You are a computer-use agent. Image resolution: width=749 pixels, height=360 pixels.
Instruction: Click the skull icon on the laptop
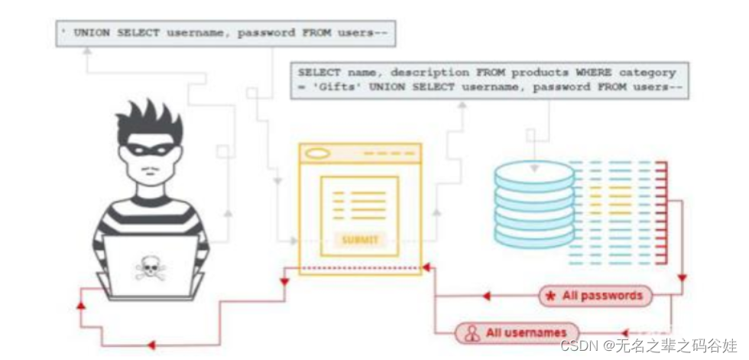coord(151,268)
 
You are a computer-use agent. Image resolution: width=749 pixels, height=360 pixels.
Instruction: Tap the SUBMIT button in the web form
coord(359,239)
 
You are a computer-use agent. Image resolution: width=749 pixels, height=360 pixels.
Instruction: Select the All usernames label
coord(527,332)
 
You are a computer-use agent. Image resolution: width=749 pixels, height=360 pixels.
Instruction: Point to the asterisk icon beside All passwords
coord(550,296)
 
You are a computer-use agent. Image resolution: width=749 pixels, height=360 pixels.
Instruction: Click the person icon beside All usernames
coord(473,333)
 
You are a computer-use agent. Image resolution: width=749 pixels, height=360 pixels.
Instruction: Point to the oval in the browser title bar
coord(317,154)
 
